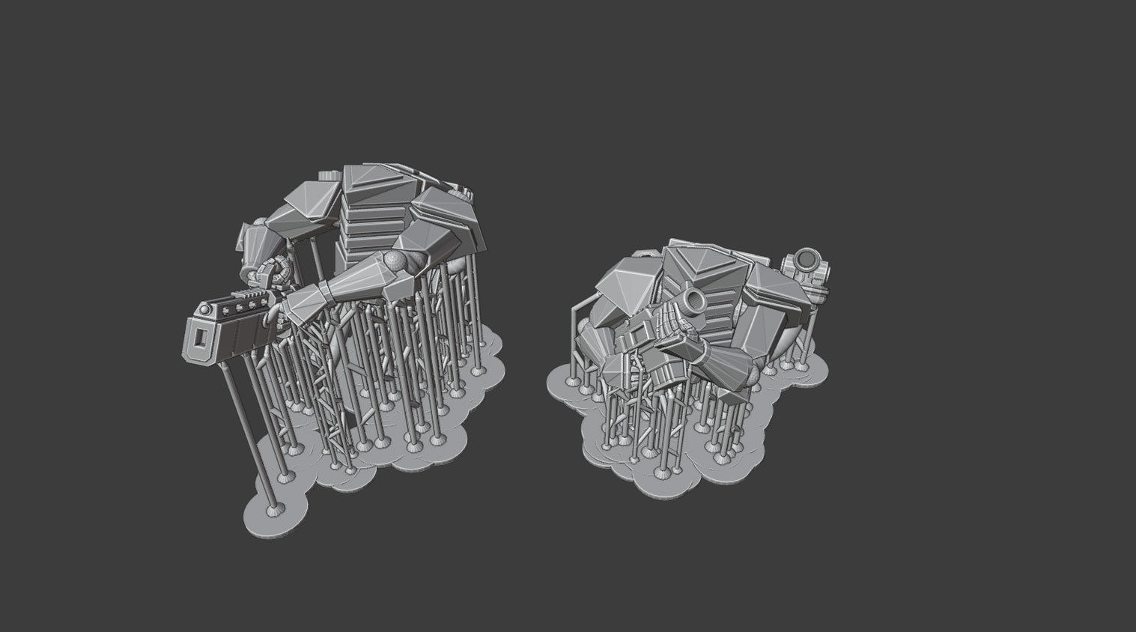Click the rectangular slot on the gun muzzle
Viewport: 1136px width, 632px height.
200,338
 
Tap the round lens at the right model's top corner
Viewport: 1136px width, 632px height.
807,261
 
